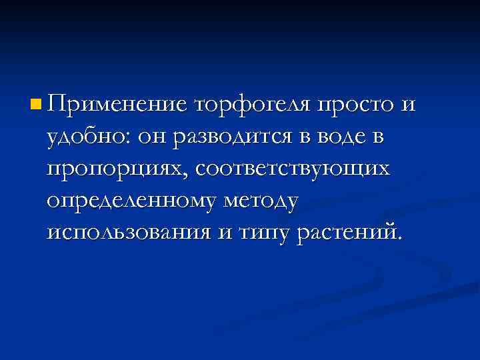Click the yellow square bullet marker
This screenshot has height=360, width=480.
click(35, 105)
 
